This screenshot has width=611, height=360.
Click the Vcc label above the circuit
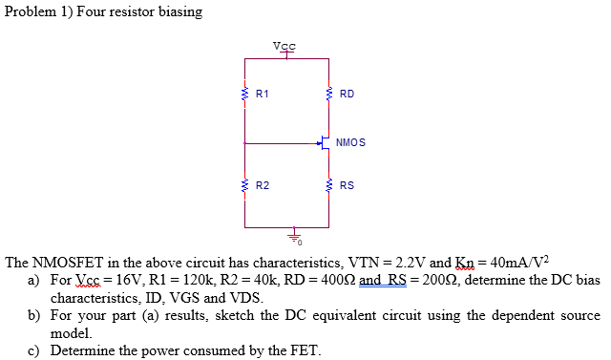(284, 46)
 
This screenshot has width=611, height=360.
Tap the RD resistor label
(347, 95)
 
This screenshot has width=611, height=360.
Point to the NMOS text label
(350, 142)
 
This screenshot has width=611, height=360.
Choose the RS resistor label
(347, 185)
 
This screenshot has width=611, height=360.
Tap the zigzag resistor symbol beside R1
(245, 95)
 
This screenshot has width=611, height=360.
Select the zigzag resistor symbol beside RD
(329, 95)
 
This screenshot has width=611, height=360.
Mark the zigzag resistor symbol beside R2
(245, 184)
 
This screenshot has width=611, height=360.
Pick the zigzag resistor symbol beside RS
(329, 184)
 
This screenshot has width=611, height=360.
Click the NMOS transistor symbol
(325, 143)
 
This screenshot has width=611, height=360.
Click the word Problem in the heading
(32, 11)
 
